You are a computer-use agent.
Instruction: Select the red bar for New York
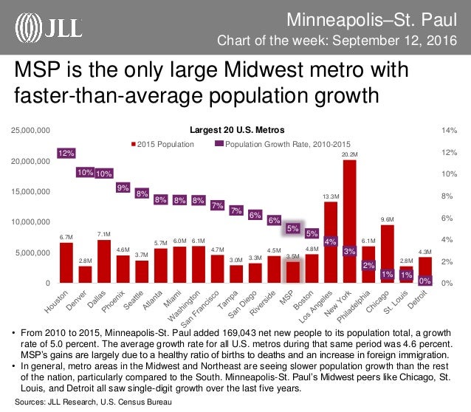[x=350, y=222]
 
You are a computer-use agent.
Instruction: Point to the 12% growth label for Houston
[x=66, y=154]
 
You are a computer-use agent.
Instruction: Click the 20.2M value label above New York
[x=350, y=154]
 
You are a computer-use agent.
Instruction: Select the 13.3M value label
[x=331, y=196]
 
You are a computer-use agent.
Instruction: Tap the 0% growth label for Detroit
[x=425, y=281]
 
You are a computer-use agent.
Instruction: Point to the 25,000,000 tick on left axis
[x=30, y=130]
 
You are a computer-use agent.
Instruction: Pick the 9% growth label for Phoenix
[x=123, y=188]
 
